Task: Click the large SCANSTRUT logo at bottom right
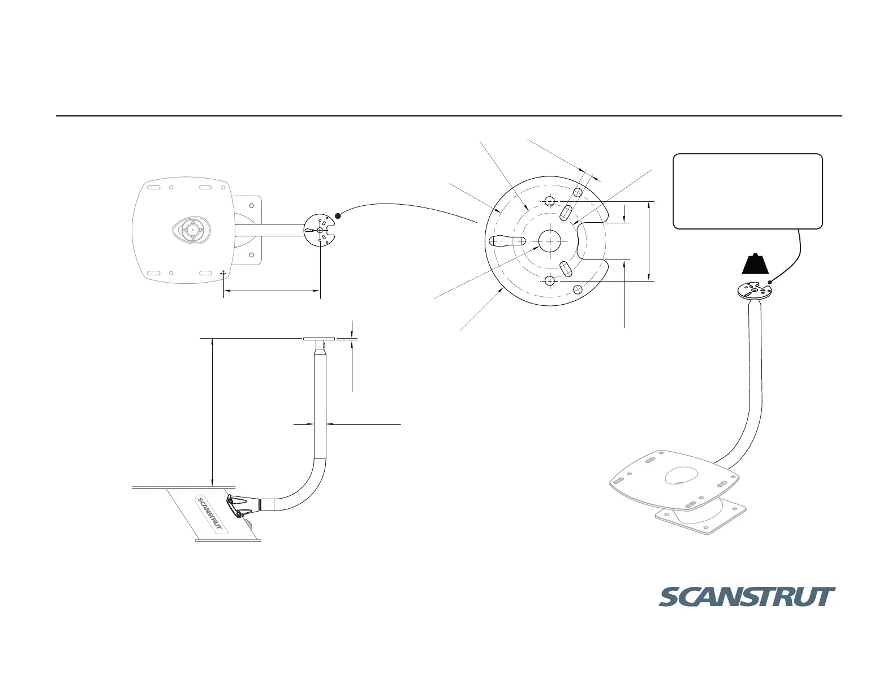747,597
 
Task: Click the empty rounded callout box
747,191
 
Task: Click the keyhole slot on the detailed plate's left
508,241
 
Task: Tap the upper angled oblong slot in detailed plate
566,213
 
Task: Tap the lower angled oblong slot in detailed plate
566,269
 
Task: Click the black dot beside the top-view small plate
338,215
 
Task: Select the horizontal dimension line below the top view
272,291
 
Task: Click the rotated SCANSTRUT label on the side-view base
211,514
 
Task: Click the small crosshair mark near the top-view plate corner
223,273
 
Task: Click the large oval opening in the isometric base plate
681,475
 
